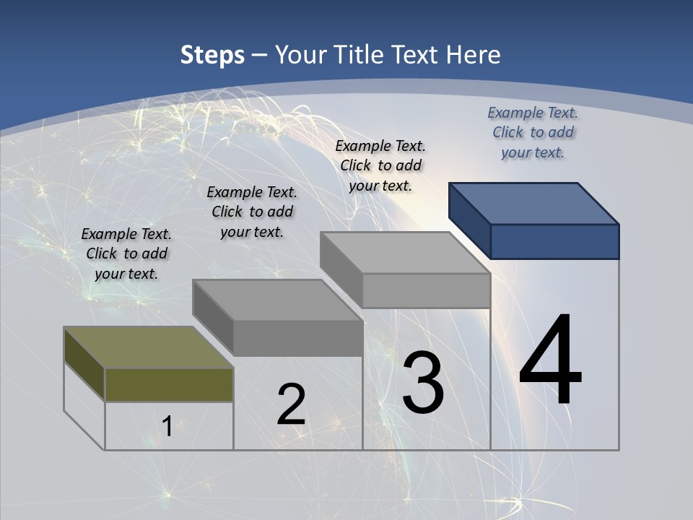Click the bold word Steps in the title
coord(212,55)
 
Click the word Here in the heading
coord(474,55)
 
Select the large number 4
coord(550,361)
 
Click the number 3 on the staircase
coord(423,383)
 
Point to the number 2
coord(291,404)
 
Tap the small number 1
coord(167,427)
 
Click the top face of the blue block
coord(534,204)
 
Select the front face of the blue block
coord(554,241)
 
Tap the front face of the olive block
coord(169,384)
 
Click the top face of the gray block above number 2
coord(277,300)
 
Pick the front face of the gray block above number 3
coord(426,290)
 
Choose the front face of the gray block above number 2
coord(297,338)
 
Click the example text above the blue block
coord(533,132)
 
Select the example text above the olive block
coord(126,253)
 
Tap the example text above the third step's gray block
coord(380,165)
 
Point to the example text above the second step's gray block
coord(252,212)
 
